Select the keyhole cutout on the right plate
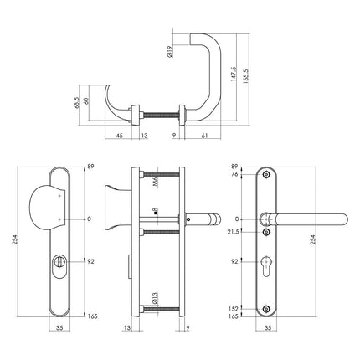[x=268, y=261]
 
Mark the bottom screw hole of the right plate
[x=268, y=309]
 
